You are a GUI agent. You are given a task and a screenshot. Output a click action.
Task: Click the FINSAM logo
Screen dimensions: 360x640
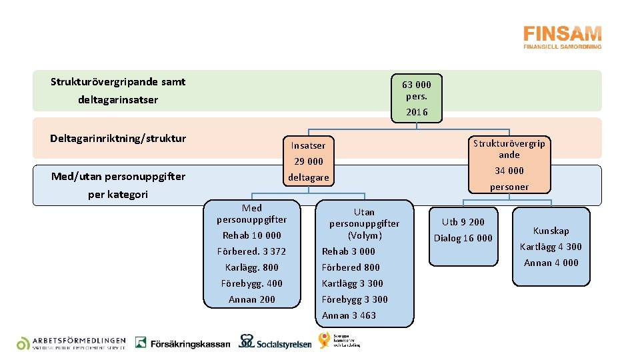562,37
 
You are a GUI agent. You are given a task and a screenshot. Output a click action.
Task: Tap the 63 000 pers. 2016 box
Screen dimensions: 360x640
417,98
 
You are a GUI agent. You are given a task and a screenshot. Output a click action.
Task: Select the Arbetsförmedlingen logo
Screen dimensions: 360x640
71,343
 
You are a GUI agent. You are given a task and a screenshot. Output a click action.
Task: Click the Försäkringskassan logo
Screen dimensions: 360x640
183,343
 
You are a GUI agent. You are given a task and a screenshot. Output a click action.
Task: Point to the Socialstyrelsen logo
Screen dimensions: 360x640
275,342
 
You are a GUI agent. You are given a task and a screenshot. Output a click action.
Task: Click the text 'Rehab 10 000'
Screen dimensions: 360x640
252,235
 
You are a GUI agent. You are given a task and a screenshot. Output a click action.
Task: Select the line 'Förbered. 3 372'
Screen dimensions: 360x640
252,251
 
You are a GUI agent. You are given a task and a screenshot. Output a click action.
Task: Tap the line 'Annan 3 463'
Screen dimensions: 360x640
349,315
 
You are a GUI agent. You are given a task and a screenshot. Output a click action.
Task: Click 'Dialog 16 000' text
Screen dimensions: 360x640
463,238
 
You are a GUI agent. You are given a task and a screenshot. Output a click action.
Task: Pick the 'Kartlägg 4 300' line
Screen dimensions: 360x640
551,247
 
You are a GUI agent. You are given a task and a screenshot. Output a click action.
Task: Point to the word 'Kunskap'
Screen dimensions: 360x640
551,231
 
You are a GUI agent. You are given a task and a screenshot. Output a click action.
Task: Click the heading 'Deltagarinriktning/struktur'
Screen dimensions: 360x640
118,139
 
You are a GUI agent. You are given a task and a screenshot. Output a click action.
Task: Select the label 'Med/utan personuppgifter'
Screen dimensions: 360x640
119,177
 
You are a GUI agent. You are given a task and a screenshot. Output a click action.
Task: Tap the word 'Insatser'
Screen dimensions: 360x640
309,145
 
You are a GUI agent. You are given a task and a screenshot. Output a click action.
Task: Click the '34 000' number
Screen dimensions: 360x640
509,171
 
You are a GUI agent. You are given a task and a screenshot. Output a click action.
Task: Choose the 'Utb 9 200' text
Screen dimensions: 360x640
463,222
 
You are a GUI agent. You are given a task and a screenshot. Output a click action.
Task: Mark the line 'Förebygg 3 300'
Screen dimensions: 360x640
355,299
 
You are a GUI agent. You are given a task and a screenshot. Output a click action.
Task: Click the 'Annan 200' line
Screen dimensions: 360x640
252,299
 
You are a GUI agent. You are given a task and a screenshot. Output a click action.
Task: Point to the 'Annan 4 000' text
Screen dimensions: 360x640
551,263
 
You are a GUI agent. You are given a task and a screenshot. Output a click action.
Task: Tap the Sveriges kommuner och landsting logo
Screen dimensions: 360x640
339,340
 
